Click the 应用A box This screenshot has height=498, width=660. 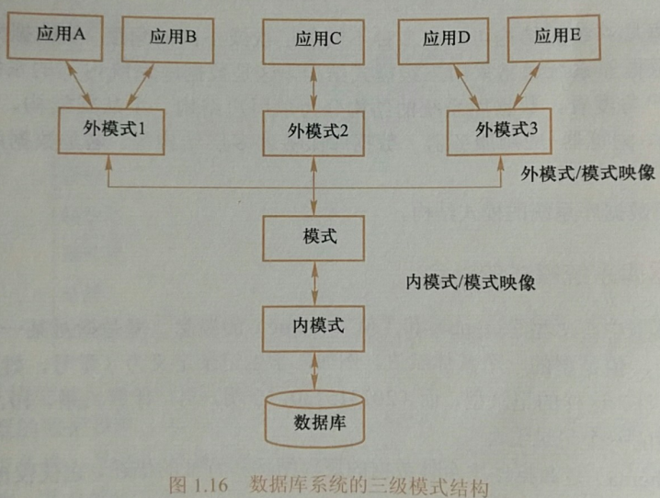click(x=61, y=36)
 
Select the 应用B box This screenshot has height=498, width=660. click(x=173, y=36)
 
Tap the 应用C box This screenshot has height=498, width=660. click(x=317, y=38)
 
